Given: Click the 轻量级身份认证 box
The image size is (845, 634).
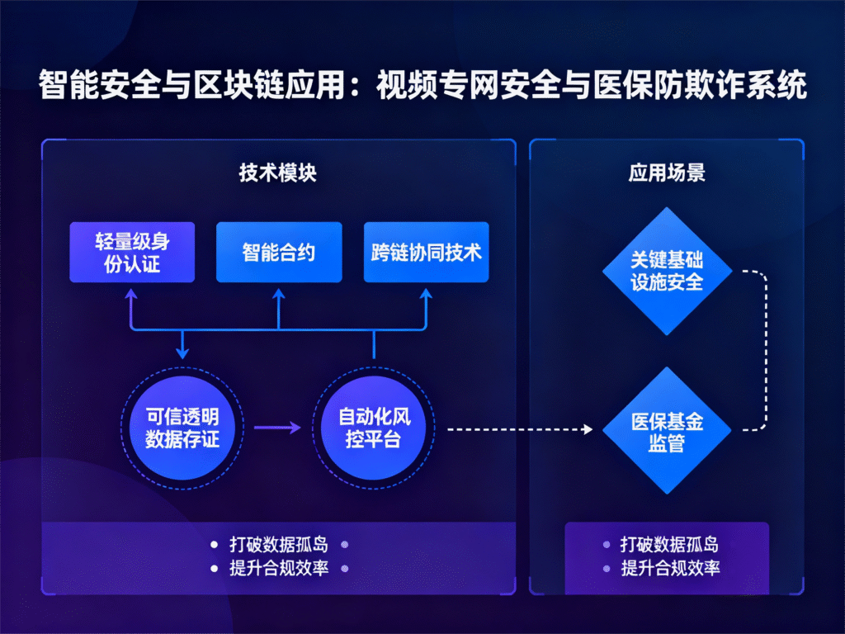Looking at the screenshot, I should [x=132, y=252].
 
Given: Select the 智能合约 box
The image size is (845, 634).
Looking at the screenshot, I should [x=279, y=252].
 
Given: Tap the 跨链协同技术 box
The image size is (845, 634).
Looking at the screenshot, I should [x=426, y=252].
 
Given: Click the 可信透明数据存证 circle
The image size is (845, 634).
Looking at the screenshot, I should [x=182, y=427].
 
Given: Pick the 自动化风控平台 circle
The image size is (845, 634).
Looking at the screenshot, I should [x=374, y=427].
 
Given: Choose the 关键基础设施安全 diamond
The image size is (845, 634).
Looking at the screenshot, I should [x=667, y=271].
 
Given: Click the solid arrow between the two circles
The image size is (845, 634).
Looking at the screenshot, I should [x=277, y=428].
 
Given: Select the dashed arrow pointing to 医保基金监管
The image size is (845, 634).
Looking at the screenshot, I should [x=520, y=429].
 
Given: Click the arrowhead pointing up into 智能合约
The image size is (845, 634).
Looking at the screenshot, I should [x=279, y=294].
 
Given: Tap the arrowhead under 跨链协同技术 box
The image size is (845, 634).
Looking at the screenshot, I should [x=426, y=294].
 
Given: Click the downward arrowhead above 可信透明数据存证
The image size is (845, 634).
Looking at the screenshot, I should [x=182, y=351].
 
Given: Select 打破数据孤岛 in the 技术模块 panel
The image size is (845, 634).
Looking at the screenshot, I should [x=279, y=545].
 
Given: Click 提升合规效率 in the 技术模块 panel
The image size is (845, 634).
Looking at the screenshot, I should [x=279, y=569].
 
